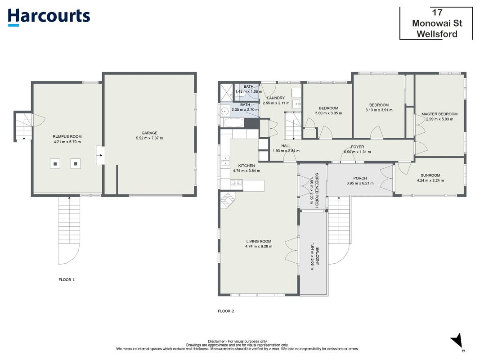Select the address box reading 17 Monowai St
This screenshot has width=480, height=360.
coord(436,23)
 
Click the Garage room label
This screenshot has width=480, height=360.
coord(149,133)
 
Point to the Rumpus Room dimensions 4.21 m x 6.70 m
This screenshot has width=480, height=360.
coord(67,142)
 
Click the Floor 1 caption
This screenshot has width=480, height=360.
coord(67,279)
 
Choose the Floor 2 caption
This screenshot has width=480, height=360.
coord(226,311)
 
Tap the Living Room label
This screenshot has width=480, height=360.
coord(259,241)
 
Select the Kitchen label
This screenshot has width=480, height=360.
coord(247,166)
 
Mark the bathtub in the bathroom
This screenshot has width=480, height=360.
coord(234,123)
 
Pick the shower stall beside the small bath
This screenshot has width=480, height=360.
coord(227,92)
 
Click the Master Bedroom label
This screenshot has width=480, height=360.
coord(439,114)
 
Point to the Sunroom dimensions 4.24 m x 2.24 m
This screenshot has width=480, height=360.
coord(430,180)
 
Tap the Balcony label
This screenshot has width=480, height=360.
coord(318,256)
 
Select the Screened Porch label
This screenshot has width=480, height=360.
coord(317,190)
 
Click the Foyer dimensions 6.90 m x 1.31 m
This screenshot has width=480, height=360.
coord(357,152)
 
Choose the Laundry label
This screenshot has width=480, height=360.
coord(276,98)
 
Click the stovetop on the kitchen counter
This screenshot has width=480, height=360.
coord(236,182)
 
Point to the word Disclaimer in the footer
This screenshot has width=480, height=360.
coord(216,342)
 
